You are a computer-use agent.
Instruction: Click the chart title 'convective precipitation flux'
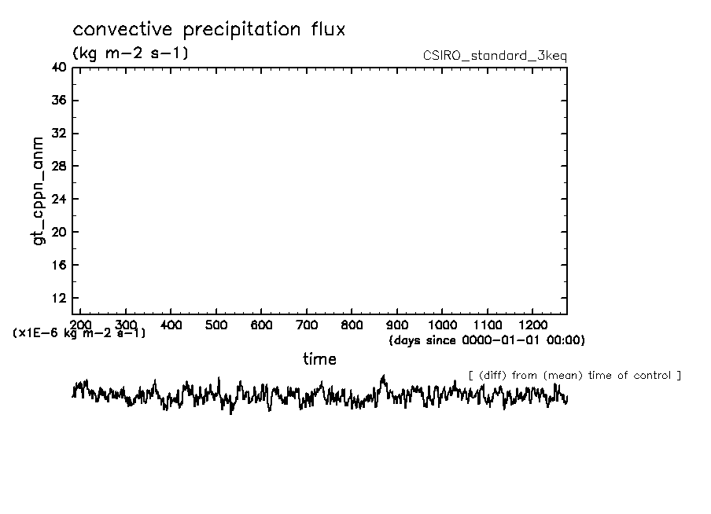tap(208, 30)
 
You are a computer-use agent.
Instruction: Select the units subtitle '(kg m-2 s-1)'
tap(130, 53)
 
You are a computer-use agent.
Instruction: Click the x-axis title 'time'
tap(319, 359)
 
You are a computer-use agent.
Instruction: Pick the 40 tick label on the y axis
tap(59, 68)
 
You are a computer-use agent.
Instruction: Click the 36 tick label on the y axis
tap(59, 101)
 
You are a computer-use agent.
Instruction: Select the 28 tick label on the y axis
tap(59, 167)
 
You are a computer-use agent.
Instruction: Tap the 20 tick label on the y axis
tap(59, 233)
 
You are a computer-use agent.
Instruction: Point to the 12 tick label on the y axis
tap(59, 299)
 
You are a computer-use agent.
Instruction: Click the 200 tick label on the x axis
tap(82, 324)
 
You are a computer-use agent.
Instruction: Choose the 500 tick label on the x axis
tap(217, 324)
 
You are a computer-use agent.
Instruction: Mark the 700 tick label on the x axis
tap(308, 324)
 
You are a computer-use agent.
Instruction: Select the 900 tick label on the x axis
tap(398, 324)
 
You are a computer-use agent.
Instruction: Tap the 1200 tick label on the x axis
tap(533, 324)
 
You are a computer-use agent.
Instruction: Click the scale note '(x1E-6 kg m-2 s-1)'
tap(79, 333)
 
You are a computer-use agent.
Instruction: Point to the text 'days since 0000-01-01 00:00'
tap(487, 340)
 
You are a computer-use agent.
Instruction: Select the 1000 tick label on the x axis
tap(443, 324)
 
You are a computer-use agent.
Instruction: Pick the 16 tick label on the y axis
tap(59, 266)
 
